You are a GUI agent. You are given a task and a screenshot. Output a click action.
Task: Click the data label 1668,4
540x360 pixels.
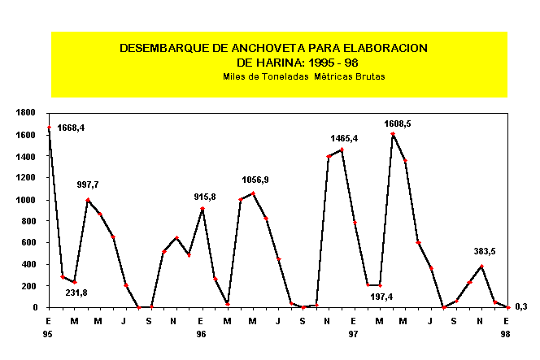(x=71, y=128)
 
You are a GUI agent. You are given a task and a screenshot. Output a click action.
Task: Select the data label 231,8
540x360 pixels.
(x=78, y=294)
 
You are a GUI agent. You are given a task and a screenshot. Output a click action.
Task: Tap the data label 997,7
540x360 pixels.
(x=87, y=185)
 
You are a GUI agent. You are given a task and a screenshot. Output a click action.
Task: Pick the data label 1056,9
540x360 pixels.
(x=255, y=180)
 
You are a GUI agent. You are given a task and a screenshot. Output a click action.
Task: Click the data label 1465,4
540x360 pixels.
(x=344, y=139)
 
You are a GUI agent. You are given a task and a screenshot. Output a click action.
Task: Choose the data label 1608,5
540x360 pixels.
(x=398, y=124)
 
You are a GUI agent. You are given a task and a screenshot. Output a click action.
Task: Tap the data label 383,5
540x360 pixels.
(x=486, y=252)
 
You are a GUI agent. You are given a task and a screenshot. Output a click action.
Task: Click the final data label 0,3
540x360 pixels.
(x=521, y=306)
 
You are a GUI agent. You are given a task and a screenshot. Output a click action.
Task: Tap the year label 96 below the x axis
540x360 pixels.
(x=201, y=334)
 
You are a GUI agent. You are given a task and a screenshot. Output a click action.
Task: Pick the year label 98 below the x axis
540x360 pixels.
(x=506, y=334)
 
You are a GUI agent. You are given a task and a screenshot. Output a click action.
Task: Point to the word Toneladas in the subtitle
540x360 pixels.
(x=289, y=76)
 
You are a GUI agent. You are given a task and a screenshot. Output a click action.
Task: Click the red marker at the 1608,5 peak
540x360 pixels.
(x=393, y=134)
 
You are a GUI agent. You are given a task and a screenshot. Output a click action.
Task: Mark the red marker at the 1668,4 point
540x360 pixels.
(x=49, y=128)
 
